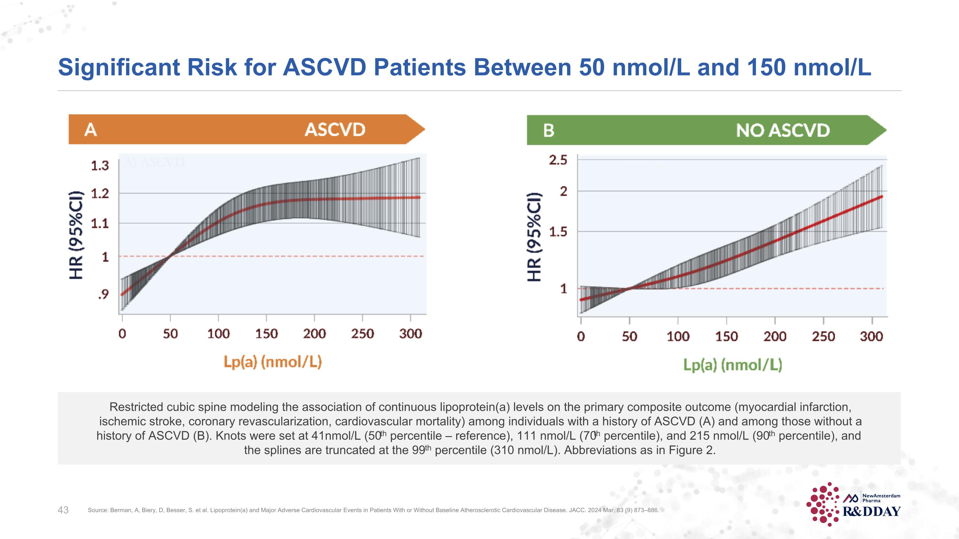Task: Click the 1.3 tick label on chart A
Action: click(100, 166)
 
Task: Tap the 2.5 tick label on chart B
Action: click(558, 160)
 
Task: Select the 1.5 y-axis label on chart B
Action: click(558, 232)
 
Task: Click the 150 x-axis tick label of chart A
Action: click(267, 334)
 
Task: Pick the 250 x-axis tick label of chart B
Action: click(823, 336)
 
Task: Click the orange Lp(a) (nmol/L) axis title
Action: click(272, 362)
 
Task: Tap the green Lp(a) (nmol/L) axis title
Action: click(732, 365)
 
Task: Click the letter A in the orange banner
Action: click(91, 130)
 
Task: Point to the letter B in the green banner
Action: click(548, 131)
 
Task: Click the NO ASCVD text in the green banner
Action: click(783, 131)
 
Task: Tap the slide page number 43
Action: click(63, 510)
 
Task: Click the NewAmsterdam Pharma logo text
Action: click(881, 498)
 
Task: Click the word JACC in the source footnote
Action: click(577, 510)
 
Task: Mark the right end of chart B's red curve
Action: click(881, 196)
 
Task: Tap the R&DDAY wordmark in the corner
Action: click(871, 512)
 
